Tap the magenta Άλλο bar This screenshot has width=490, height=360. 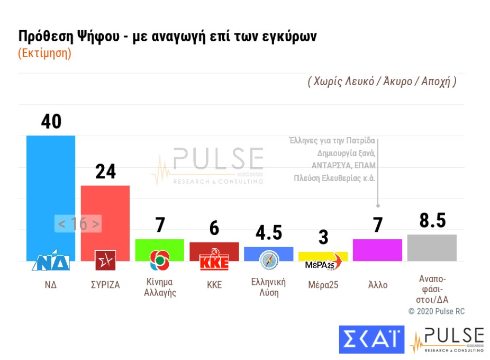(x=377, y=250)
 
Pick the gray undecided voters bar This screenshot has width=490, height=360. (x=432, y=248)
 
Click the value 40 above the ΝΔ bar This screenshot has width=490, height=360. (x=51, y=122)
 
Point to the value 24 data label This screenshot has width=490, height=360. (x=105, y=172)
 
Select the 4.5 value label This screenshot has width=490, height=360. (x=269, y=233)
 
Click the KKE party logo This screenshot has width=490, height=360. (x=214, y=260)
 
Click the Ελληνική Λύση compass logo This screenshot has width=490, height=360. (x=269, y=260)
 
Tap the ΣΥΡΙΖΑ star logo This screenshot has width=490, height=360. (x=105, y=260)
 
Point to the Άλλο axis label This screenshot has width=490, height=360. (x=378, y=284)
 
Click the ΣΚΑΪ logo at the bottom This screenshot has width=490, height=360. (x=372, y=339)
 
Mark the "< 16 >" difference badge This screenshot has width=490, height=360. (x=78, y=224)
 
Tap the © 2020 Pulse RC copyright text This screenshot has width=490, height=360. (x=436, y=311)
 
